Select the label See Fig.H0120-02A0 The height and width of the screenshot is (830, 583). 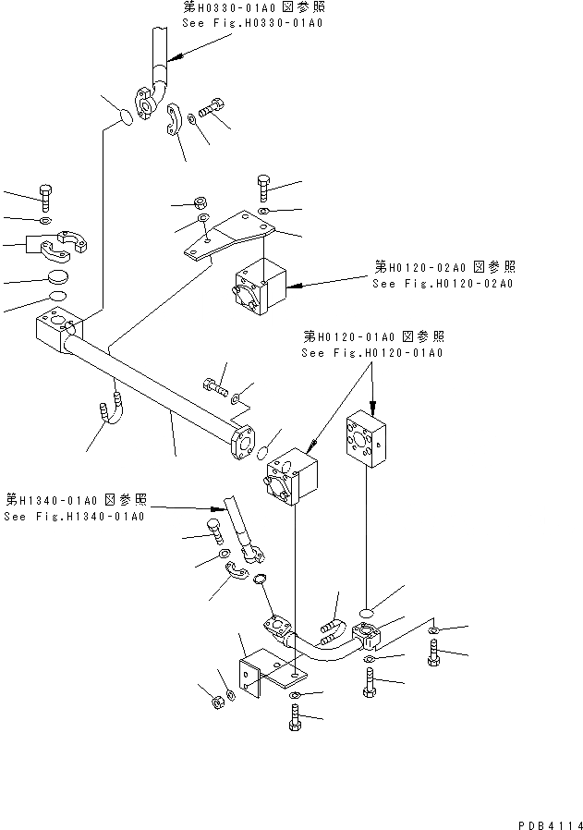click(x=443, y=283)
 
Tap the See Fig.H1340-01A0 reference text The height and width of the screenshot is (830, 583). click(x=74, y=516)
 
